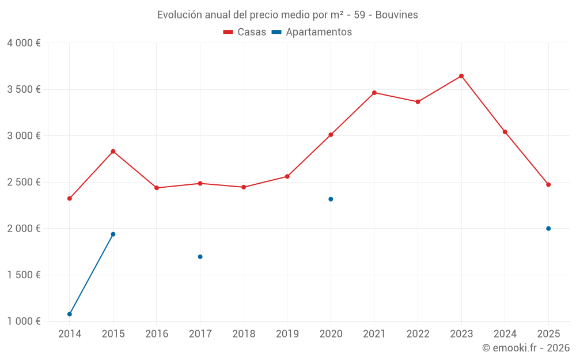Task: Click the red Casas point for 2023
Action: (x=461, y=76)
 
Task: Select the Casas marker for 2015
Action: (x=113, y=151)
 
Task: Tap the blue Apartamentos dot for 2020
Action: (x=331, y=199)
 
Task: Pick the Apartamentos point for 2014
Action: (x=70, y=314)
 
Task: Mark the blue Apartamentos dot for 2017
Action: (x=200, y=257)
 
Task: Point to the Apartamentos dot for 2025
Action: (x=548, y=229)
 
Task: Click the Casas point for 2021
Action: (x=374, y=93)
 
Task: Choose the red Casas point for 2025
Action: (x=548, y=185)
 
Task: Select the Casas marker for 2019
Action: (x=287, y=176)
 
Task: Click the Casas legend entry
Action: (x=245, y=32)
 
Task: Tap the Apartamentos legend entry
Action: (x=312, y=32)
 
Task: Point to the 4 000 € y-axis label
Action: (x=24, y=43)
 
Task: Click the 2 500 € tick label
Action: (x=24, y=182)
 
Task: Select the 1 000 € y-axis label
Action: (x=24, y=321)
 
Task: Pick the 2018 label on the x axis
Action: (x=244, y=334)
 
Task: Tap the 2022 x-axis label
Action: (x=418, y=334)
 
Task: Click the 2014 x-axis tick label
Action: (x=70, y=334)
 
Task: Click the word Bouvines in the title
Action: (x=397, y=14)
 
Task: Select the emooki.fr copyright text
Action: (x=526, y=348)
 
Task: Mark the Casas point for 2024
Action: (x=505, y=132)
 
